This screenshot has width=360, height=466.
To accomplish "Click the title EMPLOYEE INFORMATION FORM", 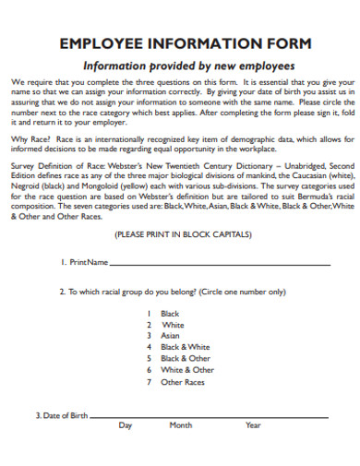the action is click(185, 43).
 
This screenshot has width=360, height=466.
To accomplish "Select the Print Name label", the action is click(86, 263).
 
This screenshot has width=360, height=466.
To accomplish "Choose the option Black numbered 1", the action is click(171, 314).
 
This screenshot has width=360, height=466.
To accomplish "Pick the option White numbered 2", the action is click(173, 325).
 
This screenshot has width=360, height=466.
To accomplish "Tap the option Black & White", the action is click(185, 347).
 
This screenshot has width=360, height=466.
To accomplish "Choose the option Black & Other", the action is click(185, 358).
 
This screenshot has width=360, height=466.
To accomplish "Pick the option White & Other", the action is click(186, 370).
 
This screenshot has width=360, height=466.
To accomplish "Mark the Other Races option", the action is click(183, 382).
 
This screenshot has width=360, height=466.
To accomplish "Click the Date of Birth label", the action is click(63, 415).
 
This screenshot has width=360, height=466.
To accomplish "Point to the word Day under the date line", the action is click(126, 425).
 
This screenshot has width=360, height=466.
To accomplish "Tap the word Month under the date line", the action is click(180, 425).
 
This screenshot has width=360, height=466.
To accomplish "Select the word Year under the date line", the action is click(253, 425).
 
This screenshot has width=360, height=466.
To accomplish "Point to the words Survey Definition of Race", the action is click(55, 165).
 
